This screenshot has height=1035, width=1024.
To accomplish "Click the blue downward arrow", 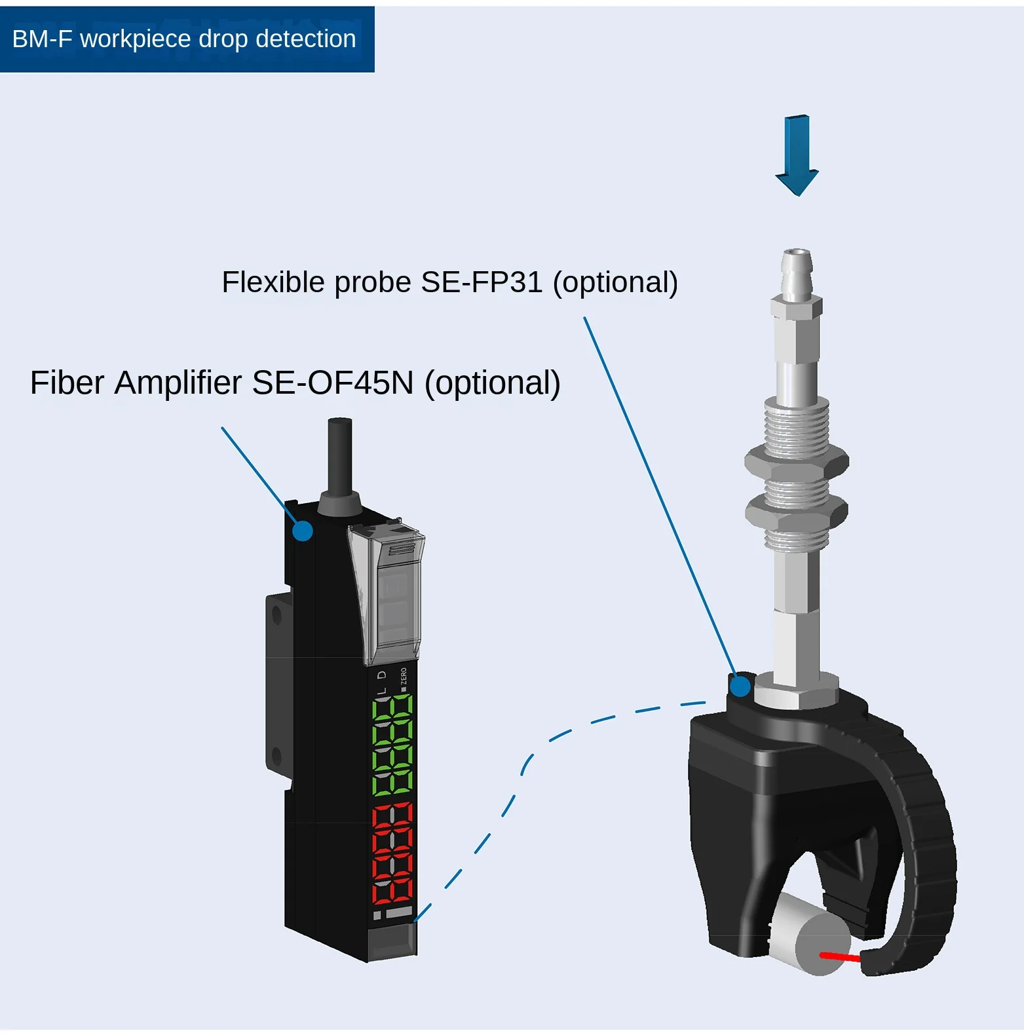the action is pyautogui.click(x=797, y=155).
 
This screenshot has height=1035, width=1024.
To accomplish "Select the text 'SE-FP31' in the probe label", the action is pyautogui.click(x=482, y=282).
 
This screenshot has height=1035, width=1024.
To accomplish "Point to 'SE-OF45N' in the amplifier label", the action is pyautogui.click(x=332, y=383).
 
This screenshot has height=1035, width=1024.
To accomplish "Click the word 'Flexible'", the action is pyautogui.click(x=273, y=282).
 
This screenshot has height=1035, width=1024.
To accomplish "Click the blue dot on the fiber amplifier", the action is pyautogui.click(x=302, y=531).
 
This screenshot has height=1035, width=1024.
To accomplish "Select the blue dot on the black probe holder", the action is pyautogui.click(x=740, y=686).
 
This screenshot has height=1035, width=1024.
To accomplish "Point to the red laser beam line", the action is pyautogui.click(x=840, y=957).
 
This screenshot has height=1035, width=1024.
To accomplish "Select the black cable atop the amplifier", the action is pyautogui.click(x=339, y=455).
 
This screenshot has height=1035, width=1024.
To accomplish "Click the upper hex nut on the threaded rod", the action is pyautogui.click(x=796, y=461).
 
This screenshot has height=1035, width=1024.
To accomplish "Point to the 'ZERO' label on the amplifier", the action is pyautogui.click(x=404, y=676).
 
